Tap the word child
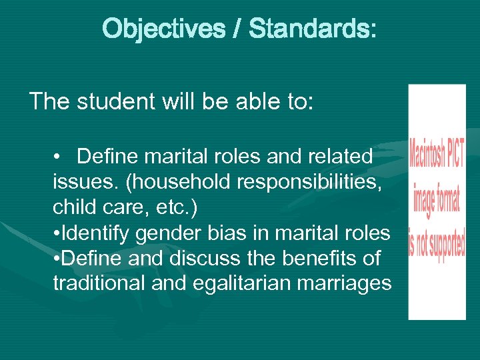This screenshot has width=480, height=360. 73,207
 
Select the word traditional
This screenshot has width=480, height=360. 98,283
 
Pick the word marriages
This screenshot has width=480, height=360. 345,283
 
